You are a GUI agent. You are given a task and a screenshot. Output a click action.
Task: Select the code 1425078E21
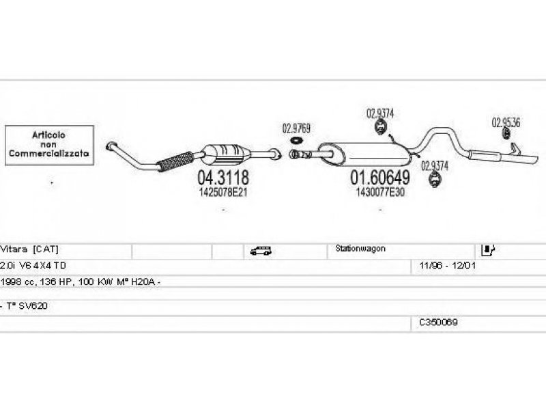(222, 193)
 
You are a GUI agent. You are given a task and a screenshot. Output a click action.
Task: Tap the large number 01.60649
(380, 178)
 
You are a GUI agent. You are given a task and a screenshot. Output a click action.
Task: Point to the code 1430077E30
(380, 193)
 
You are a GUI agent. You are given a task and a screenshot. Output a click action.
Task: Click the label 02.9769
(297, 127)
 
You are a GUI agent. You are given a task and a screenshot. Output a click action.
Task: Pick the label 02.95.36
(506, 123)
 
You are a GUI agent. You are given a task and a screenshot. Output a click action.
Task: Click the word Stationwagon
(360, 249)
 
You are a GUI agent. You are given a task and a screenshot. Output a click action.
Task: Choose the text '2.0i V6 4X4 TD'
(34, 264)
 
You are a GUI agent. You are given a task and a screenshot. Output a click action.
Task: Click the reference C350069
(438, 321)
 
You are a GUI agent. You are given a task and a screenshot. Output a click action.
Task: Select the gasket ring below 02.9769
(297, 141)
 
